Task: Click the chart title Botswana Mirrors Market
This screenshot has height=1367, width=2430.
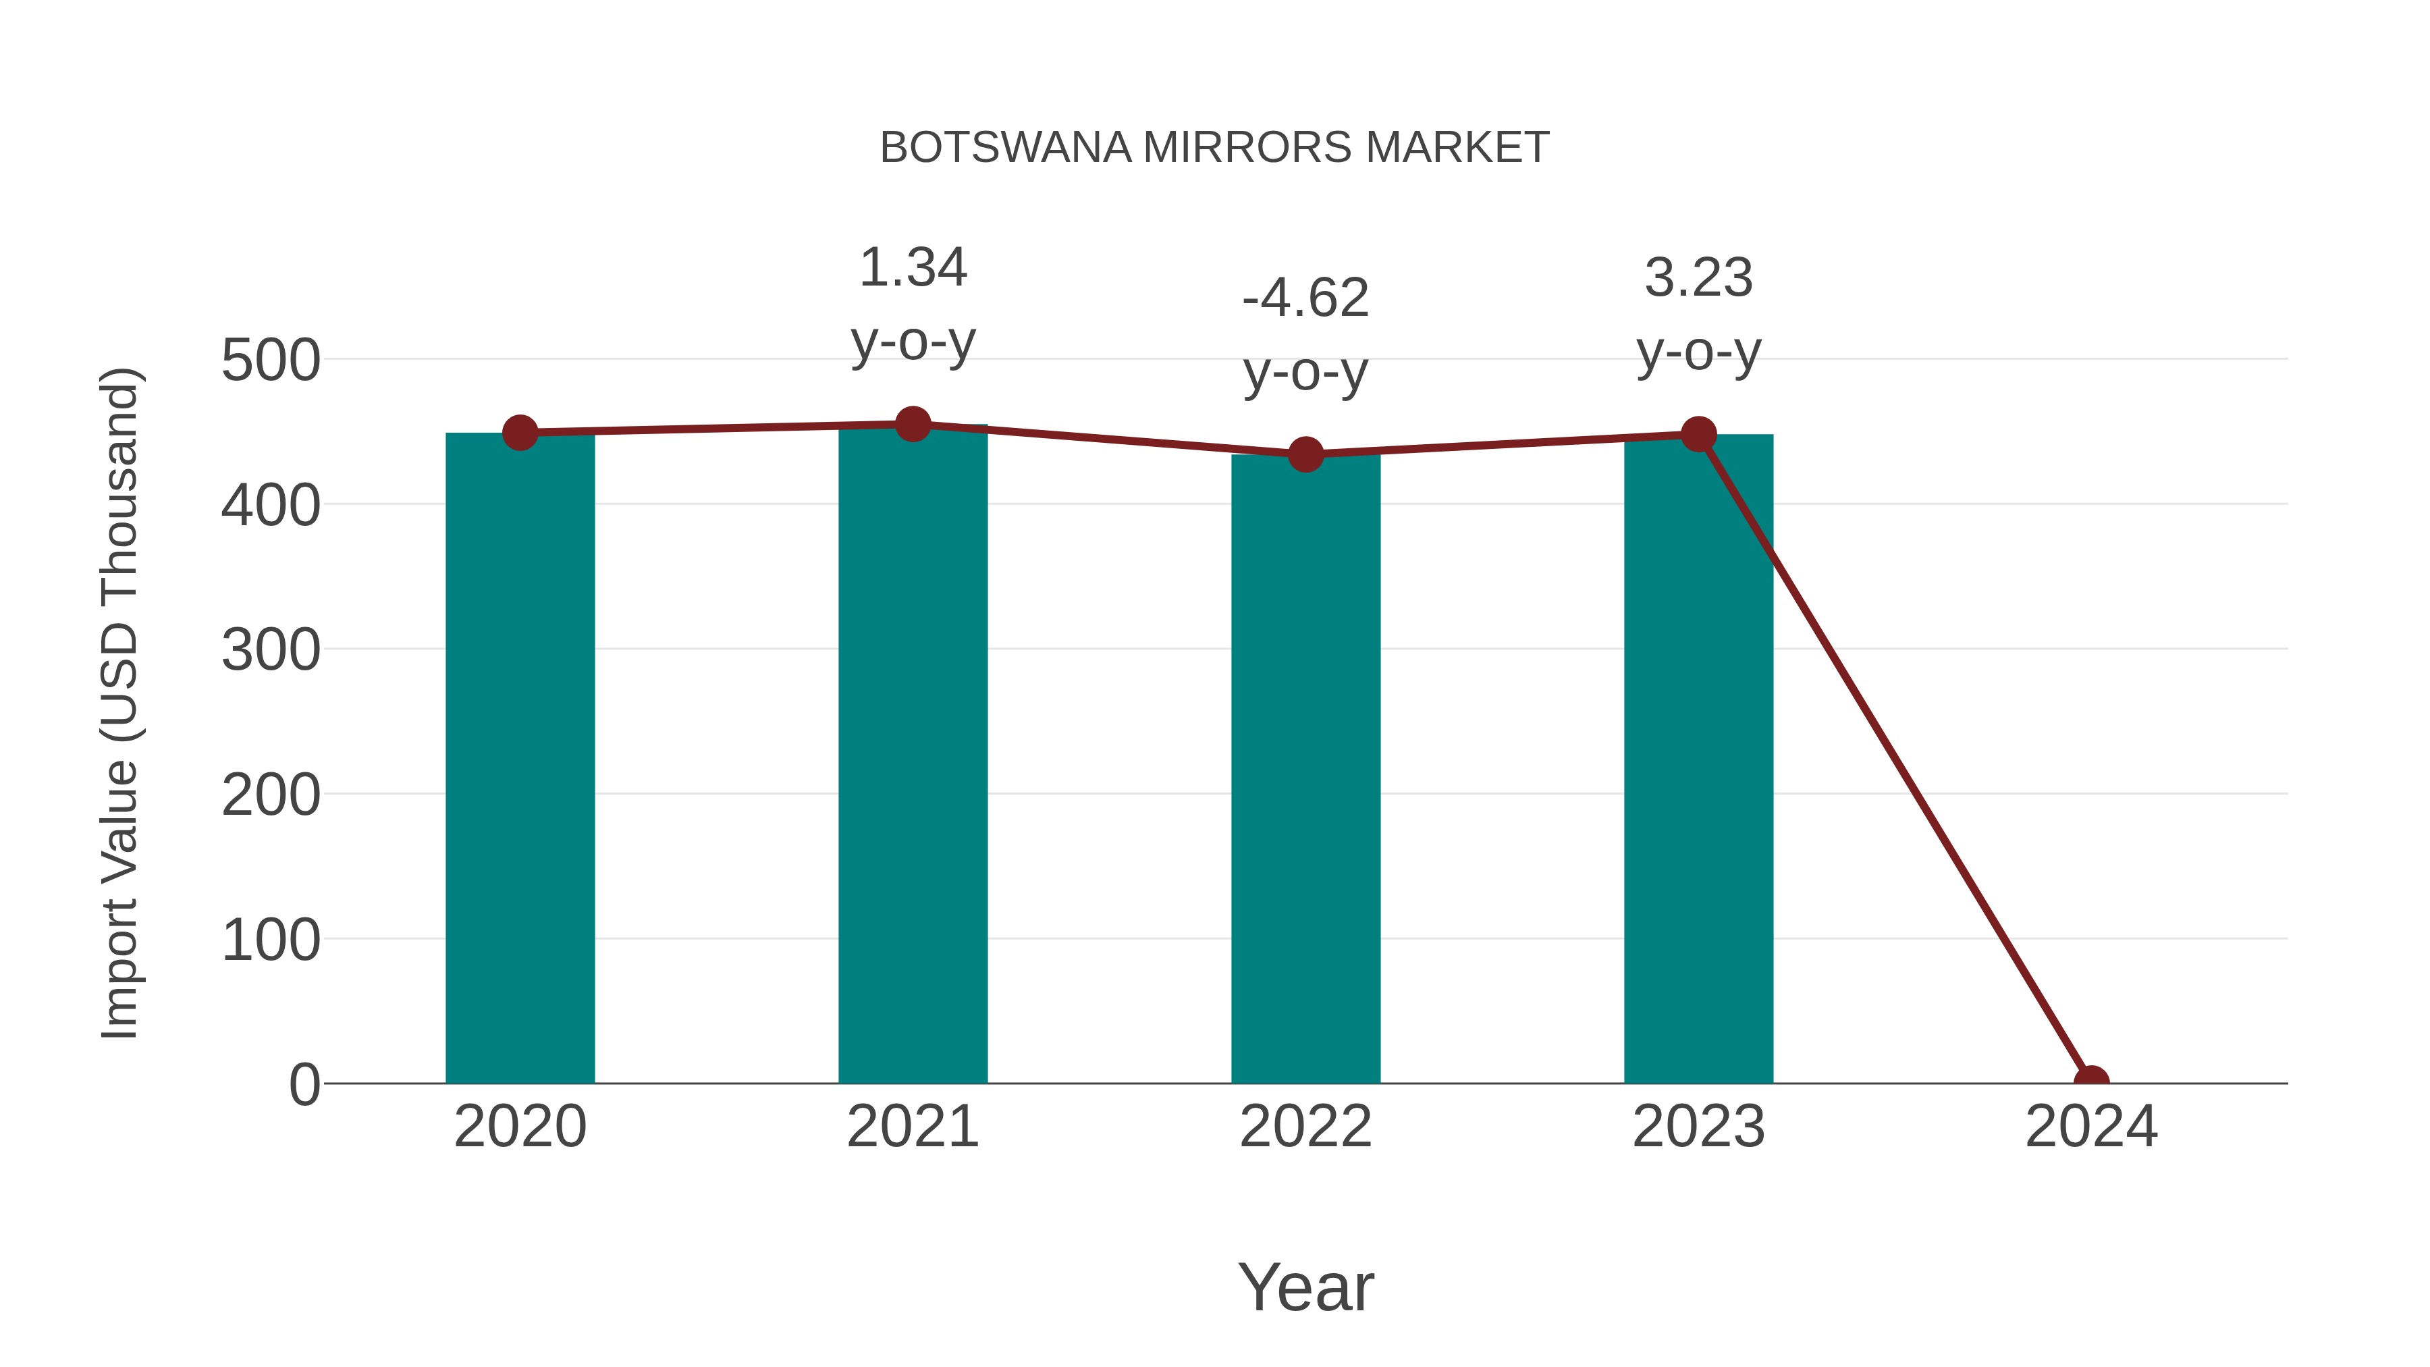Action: [x=1214, y=148]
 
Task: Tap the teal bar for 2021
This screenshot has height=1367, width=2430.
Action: [x=912, y=755]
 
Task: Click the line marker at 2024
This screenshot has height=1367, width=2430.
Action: [x=2091, y=1081]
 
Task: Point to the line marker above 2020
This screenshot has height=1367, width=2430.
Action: [x=520, y=433]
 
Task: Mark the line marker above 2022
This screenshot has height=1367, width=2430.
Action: [x=1305, y=455]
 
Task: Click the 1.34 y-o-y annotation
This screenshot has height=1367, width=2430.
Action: [x=912, y=304]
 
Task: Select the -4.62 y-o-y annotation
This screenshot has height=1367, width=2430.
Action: [x=1305, y=334]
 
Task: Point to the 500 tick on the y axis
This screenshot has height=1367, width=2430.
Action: [x=271, y=360]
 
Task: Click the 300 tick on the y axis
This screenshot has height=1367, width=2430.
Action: [x=271, y=650]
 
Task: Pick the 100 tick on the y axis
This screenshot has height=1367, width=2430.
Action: [x=271, y=940]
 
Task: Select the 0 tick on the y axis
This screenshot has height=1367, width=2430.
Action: [x=304, y=1085]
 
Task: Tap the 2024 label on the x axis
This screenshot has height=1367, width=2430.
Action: [x=2091, y=1127]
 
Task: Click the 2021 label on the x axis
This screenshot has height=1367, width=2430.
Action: [x=912, y=1127]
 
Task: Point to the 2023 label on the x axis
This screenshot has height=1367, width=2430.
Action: [x=1698, y=1127]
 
